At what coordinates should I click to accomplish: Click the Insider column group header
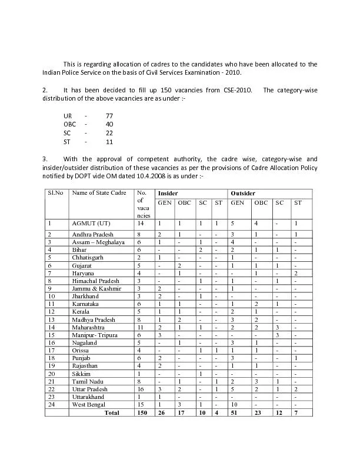tap(168, 193)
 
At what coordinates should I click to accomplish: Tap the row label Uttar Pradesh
tap(90, 390)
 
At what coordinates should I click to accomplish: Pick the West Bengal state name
tap(89, 405)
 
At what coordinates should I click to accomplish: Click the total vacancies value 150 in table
tap(141, 413)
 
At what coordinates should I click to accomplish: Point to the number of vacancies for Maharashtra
tap(140, 327)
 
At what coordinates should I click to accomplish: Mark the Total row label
tap(112, 413)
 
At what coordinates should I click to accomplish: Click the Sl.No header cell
tap(55, 193)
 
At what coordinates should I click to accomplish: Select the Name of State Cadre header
tap(99, 193)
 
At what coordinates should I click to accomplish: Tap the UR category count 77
tap(109, 116)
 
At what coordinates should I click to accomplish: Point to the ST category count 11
tap(109, 142)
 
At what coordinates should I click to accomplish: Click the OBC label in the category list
tap(69, 125)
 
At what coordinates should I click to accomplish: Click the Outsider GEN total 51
tap(235, 413)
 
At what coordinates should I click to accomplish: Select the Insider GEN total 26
tap(161, 413)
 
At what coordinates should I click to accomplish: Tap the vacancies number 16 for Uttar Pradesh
tap(140, 390)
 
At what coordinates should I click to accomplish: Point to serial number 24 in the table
tap(52, 405)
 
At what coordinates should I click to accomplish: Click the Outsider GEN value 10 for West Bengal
tap(235, 405)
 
